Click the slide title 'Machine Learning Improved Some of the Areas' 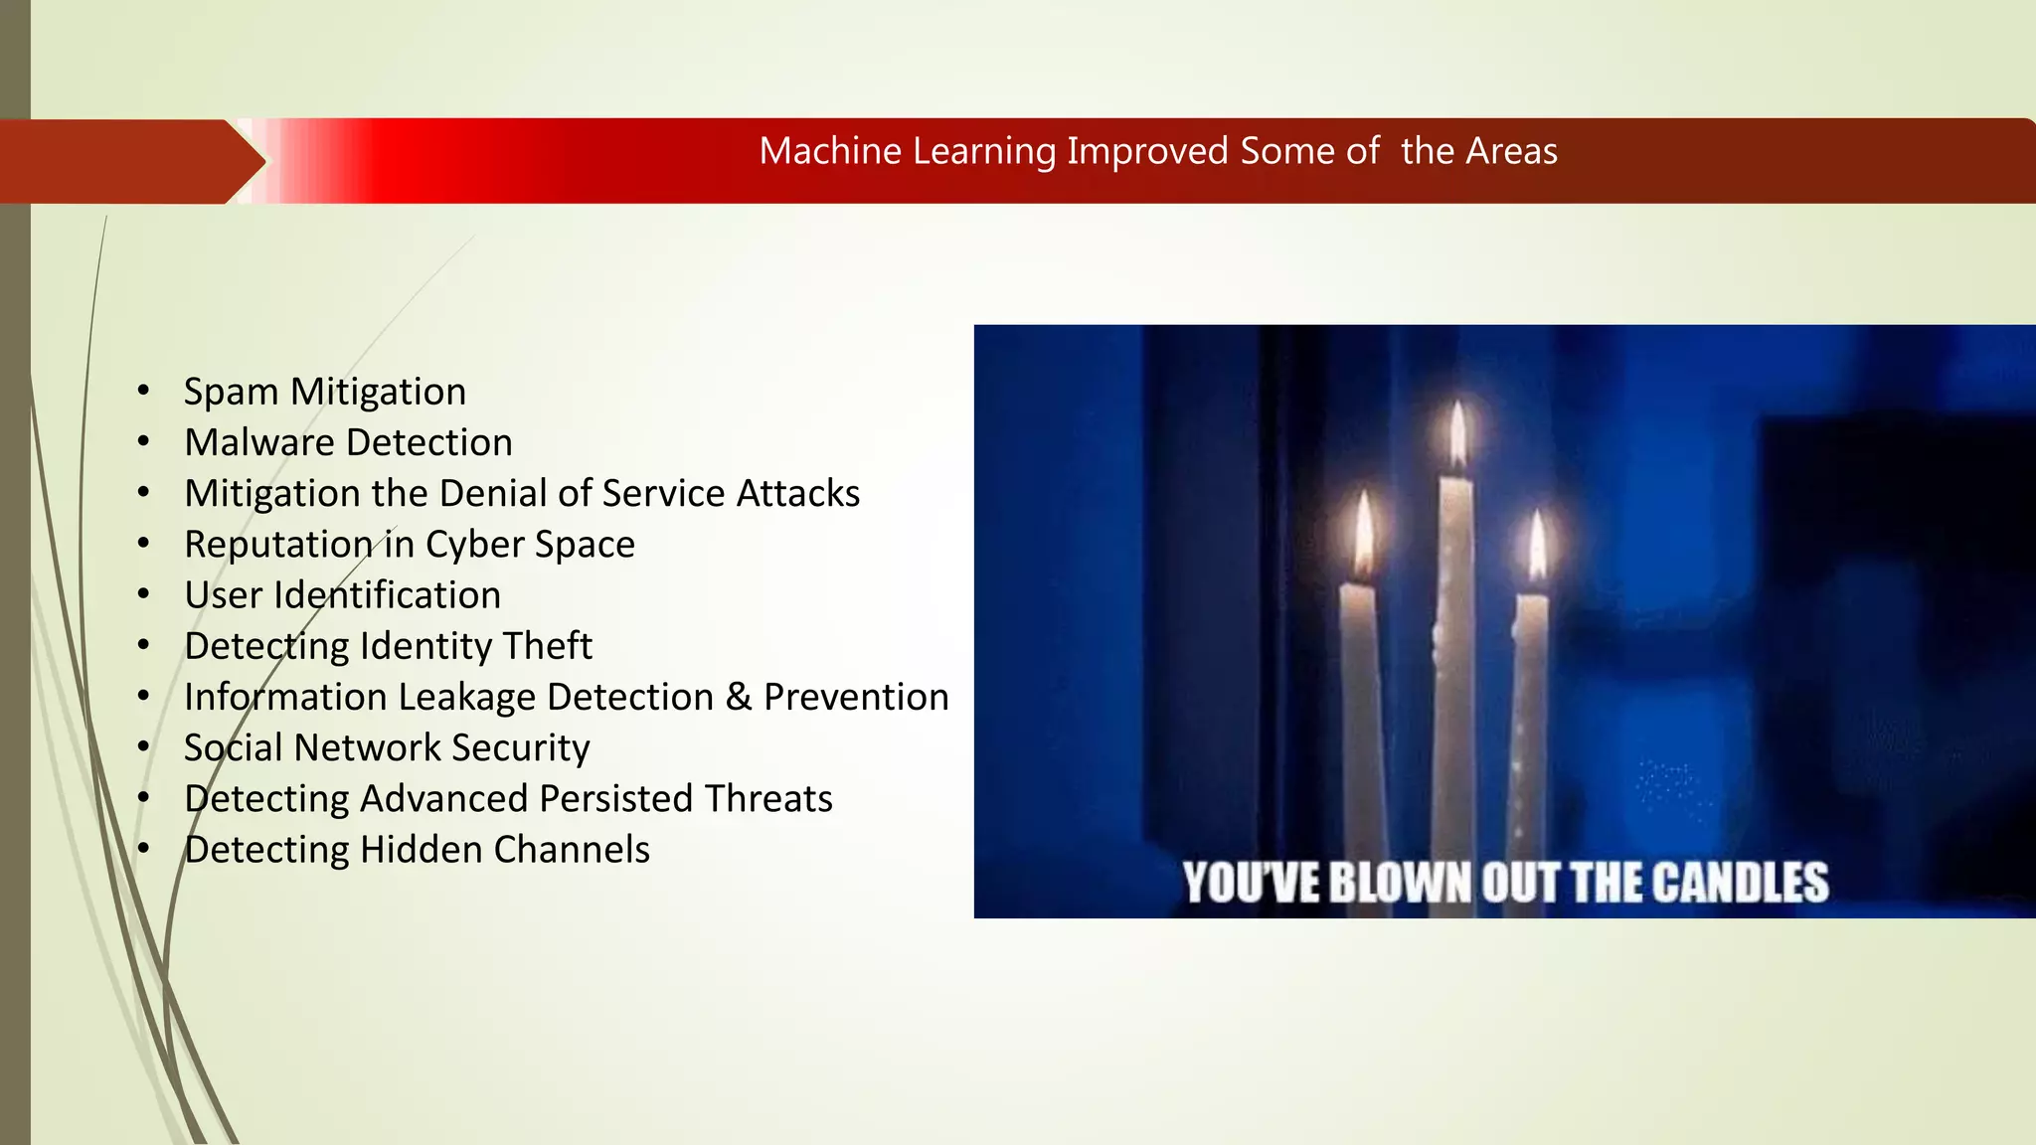(1158, 151)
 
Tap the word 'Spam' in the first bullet (231, 393)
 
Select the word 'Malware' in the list (259, 442)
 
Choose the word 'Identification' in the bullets (387, 595)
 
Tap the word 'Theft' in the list (547, 646)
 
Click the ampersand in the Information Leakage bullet (739, 697)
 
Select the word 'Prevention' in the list (856, 697)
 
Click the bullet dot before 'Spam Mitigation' (144, 391)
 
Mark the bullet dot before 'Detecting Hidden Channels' (144, 849)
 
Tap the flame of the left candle (1364, 532)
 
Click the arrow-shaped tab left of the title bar (124, 161)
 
